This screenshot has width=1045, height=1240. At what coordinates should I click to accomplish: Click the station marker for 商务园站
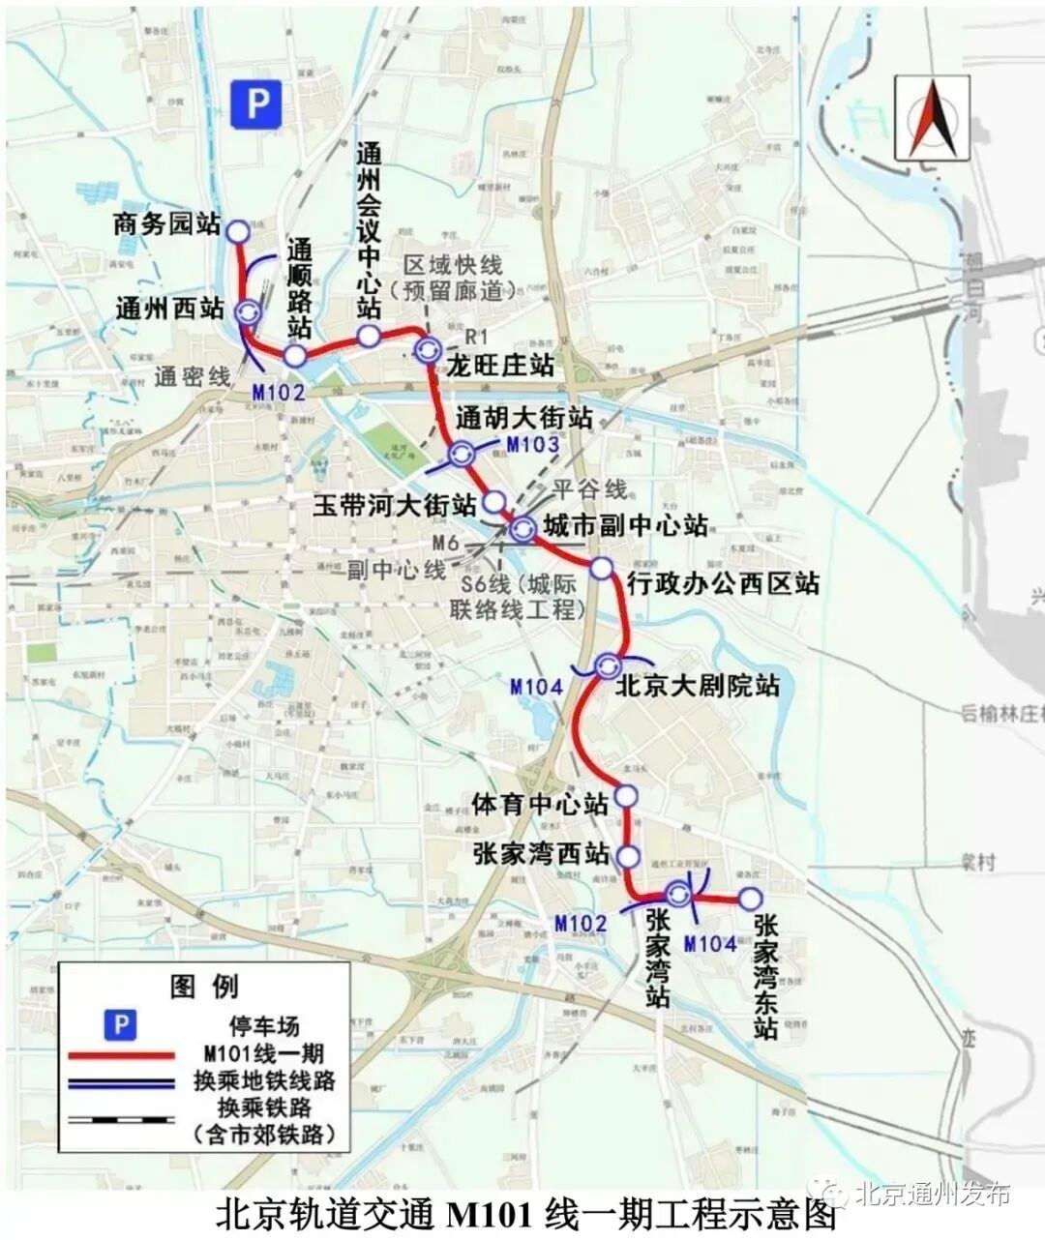click(237, 230)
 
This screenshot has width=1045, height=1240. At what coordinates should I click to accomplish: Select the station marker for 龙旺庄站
click(426, 350)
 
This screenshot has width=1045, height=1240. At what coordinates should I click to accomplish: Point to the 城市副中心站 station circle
click(523, 528)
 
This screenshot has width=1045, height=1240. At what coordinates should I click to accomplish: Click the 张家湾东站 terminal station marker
click(749, 899)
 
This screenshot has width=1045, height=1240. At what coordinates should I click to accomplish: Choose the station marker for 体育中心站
click(627, 796)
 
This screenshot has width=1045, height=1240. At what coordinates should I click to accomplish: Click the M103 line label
click(532, 446)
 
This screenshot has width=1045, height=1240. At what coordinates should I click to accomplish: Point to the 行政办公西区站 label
click(722, 583)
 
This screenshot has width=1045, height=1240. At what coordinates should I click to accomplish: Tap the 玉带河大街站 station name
click(395, 505)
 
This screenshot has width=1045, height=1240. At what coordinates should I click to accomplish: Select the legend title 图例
click(203, 987)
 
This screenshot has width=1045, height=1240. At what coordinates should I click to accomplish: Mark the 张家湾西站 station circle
click(628, 856)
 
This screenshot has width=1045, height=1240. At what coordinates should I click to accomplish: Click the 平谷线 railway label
click(590, 489)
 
